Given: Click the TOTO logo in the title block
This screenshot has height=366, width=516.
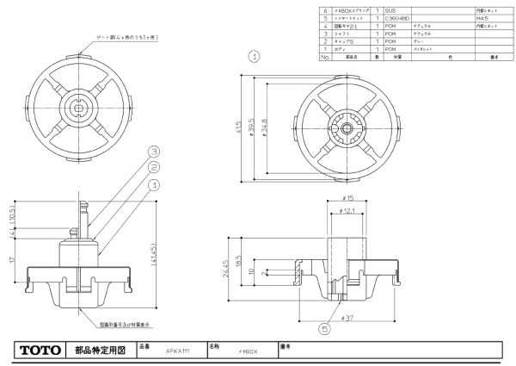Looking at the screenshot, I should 39,351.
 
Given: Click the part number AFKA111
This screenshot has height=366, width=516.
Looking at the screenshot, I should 177,352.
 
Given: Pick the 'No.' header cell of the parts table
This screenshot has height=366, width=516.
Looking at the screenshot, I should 326,56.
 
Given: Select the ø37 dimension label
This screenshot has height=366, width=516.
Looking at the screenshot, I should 348,319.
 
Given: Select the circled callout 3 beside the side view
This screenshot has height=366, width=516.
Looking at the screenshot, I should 153,150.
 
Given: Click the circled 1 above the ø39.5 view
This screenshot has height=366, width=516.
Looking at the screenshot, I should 254,57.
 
